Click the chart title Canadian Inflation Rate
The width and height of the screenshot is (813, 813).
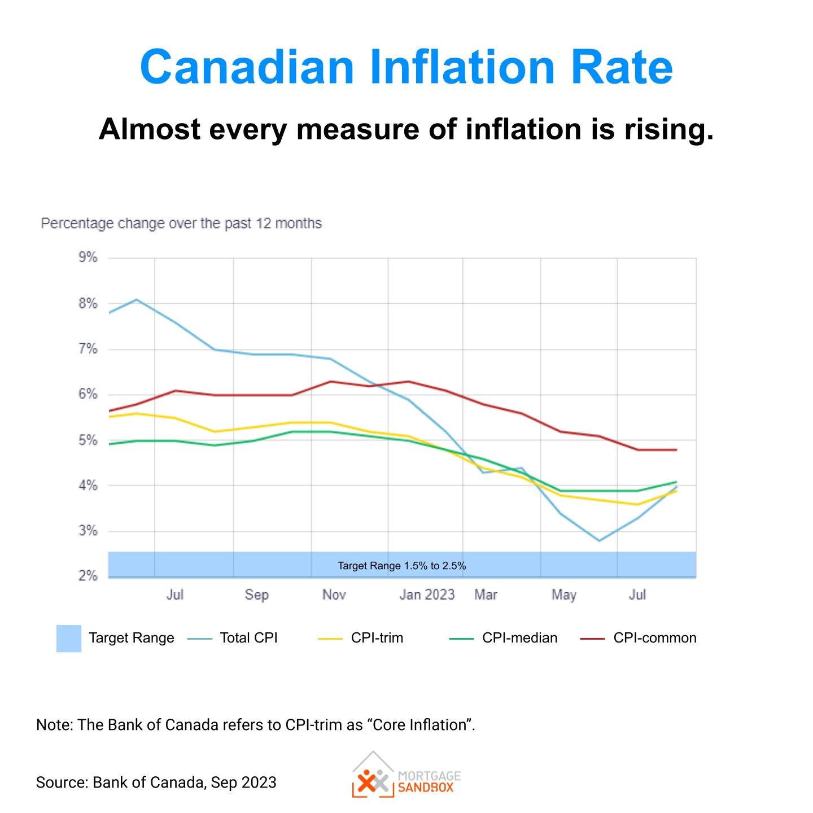[x=406, y=67]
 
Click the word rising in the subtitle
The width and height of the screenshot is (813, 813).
[x=668, y=129]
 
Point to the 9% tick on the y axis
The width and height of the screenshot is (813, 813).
[x=88, y=258]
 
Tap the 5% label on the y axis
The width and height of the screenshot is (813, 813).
[x=88, y=440]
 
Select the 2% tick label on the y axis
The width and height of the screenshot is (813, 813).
[x=88, y=576]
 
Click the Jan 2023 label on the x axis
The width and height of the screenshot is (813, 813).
[x=427, y=595]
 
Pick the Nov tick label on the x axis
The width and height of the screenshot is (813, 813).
[x=334, y=595]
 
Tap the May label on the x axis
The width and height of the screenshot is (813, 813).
[x=563, y=595]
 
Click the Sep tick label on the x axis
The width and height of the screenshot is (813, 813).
[x=256, y=595]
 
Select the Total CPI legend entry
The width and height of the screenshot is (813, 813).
[x=248, y=638]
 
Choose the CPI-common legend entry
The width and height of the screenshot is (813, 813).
[x=654, y=638]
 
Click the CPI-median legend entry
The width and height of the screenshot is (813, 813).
[x=519, y=638]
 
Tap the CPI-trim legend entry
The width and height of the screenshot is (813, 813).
[x=377, y=638]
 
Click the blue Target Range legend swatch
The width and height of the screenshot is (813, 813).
[x=69, y=639]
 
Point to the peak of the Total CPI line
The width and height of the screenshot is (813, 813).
[x=137, y=299]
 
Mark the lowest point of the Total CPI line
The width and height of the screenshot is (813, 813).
[x=599, y=541]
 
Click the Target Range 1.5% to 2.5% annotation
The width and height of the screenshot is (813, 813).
[x=401, y=566]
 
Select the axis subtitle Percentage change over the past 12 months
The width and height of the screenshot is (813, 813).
[x=181, y=224]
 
